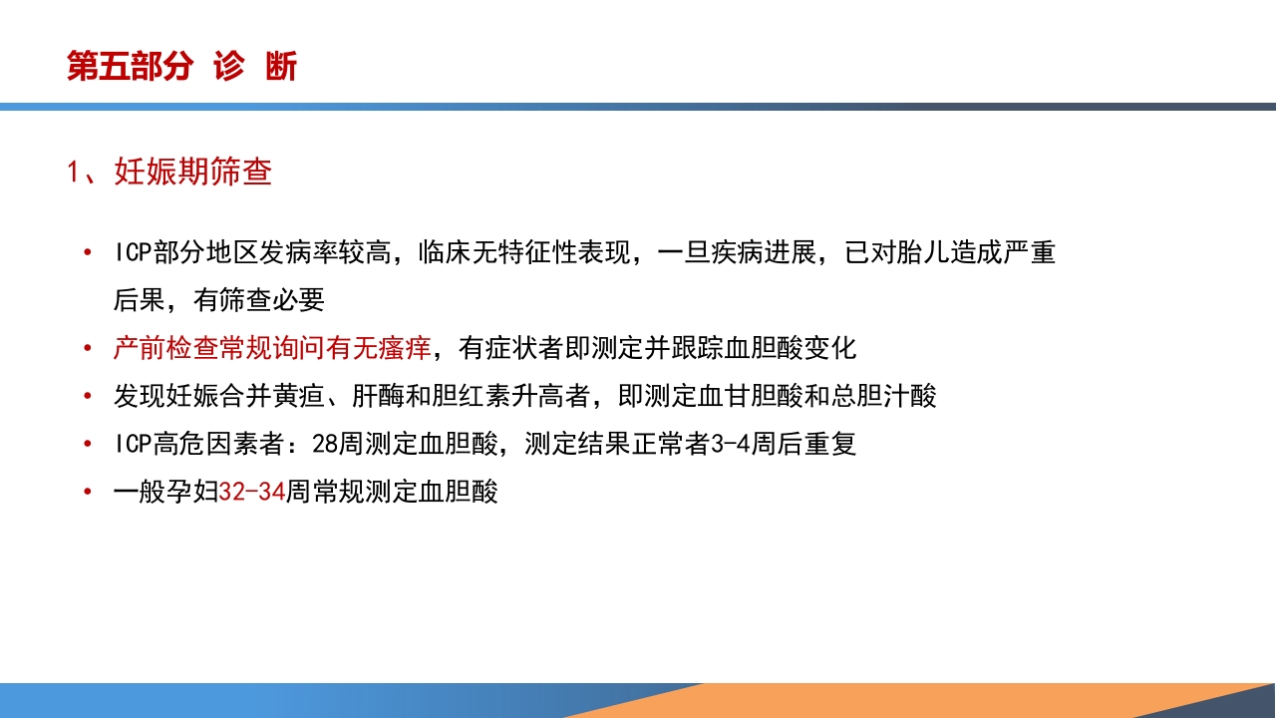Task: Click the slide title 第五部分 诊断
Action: [x=181, y=67]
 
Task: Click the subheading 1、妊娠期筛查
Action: [x=169, y=172]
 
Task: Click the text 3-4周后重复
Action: [x=783, y=444]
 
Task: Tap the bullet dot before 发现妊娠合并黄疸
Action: [x=90, y=396]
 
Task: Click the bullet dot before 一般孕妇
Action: [x=90, y=492]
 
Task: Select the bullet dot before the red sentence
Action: [x=90, y=348]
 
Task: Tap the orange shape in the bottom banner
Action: [x=897, y=700]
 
